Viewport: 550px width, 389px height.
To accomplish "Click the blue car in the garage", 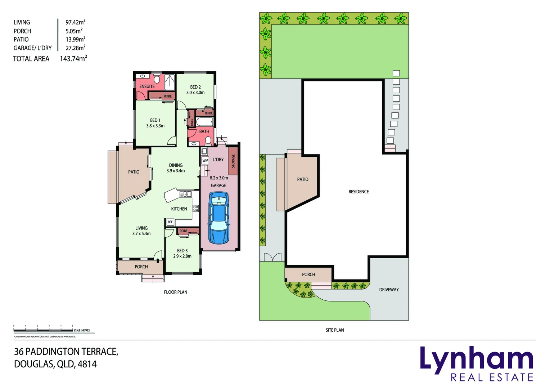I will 218,218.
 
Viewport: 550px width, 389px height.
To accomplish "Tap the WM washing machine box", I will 205,161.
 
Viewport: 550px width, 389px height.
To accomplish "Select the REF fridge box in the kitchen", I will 170,222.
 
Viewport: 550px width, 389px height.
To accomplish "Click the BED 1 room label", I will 155,120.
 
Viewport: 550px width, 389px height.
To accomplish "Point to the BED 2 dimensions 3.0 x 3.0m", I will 195,93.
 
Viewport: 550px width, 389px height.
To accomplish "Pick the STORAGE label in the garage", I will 233,161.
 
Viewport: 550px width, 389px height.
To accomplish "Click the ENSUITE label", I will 147,86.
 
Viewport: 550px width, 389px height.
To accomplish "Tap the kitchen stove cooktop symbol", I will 195,208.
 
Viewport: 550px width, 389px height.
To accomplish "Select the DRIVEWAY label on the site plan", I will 389,290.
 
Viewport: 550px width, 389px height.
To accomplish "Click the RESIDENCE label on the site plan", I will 359,192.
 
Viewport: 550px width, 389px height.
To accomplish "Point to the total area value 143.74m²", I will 73,59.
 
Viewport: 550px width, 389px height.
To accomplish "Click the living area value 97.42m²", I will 75,22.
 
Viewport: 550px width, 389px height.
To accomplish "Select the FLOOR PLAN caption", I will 175,292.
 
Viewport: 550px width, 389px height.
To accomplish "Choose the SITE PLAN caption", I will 334,330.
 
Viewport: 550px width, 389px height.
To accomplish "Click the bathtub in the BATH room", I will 204,122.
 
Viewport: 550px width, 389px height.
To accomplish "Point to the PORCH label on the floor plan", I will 141,267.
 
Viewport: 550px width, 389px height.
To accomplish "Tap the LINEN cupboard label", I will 191,122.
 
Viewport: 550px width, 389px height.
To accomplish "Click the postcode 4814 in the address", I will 87,364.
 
